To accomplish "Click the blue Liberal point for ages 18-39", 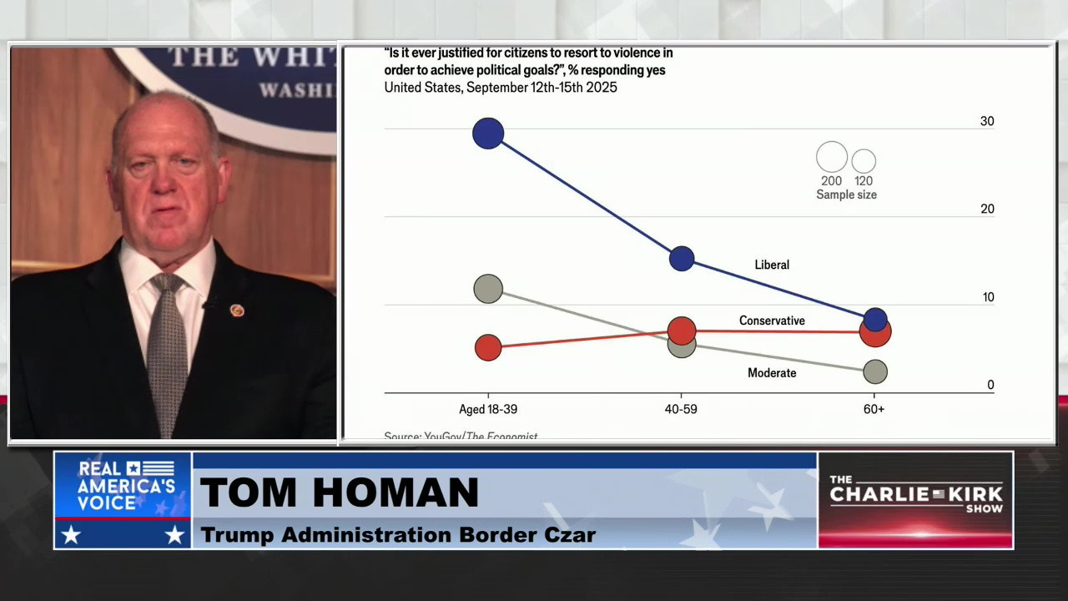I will tap(488, 134).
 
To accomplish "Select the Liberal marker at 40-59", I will tap(682, 259).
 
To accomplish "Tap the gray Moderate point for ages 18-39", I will tap(488, 289).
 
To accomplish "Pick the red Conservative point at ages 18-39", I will tap(488, 347).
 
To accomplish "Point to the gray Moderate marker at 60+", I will tap(874, 371).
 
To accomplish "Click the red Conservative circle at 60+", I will tap(875, 334).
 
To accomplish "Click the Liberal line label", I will tap(771, 265).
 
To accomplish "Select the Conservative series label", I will tap(772, 321).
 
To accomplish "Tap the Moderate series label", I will tap(772, 373).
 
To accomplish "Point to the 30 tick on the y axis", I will tap(987, 121).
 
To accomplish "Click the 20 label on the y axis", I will tap(987, 209).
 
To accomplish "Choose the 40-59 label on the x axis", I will tap(681, 409).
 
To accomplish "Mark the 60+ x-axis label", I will tap(874, 409).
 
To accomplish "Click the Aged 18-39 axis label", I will tap(488, 409).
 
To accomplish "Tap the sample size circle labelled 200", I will tap(831, 157).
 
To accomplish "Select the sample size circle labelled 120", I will tap(864, 160).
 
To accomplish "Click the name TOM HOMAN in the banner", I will tap(339, 492).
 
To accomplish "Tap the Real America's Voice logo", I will tap(123, 500).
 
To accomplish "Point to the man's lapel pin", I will tap(237, 311).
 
